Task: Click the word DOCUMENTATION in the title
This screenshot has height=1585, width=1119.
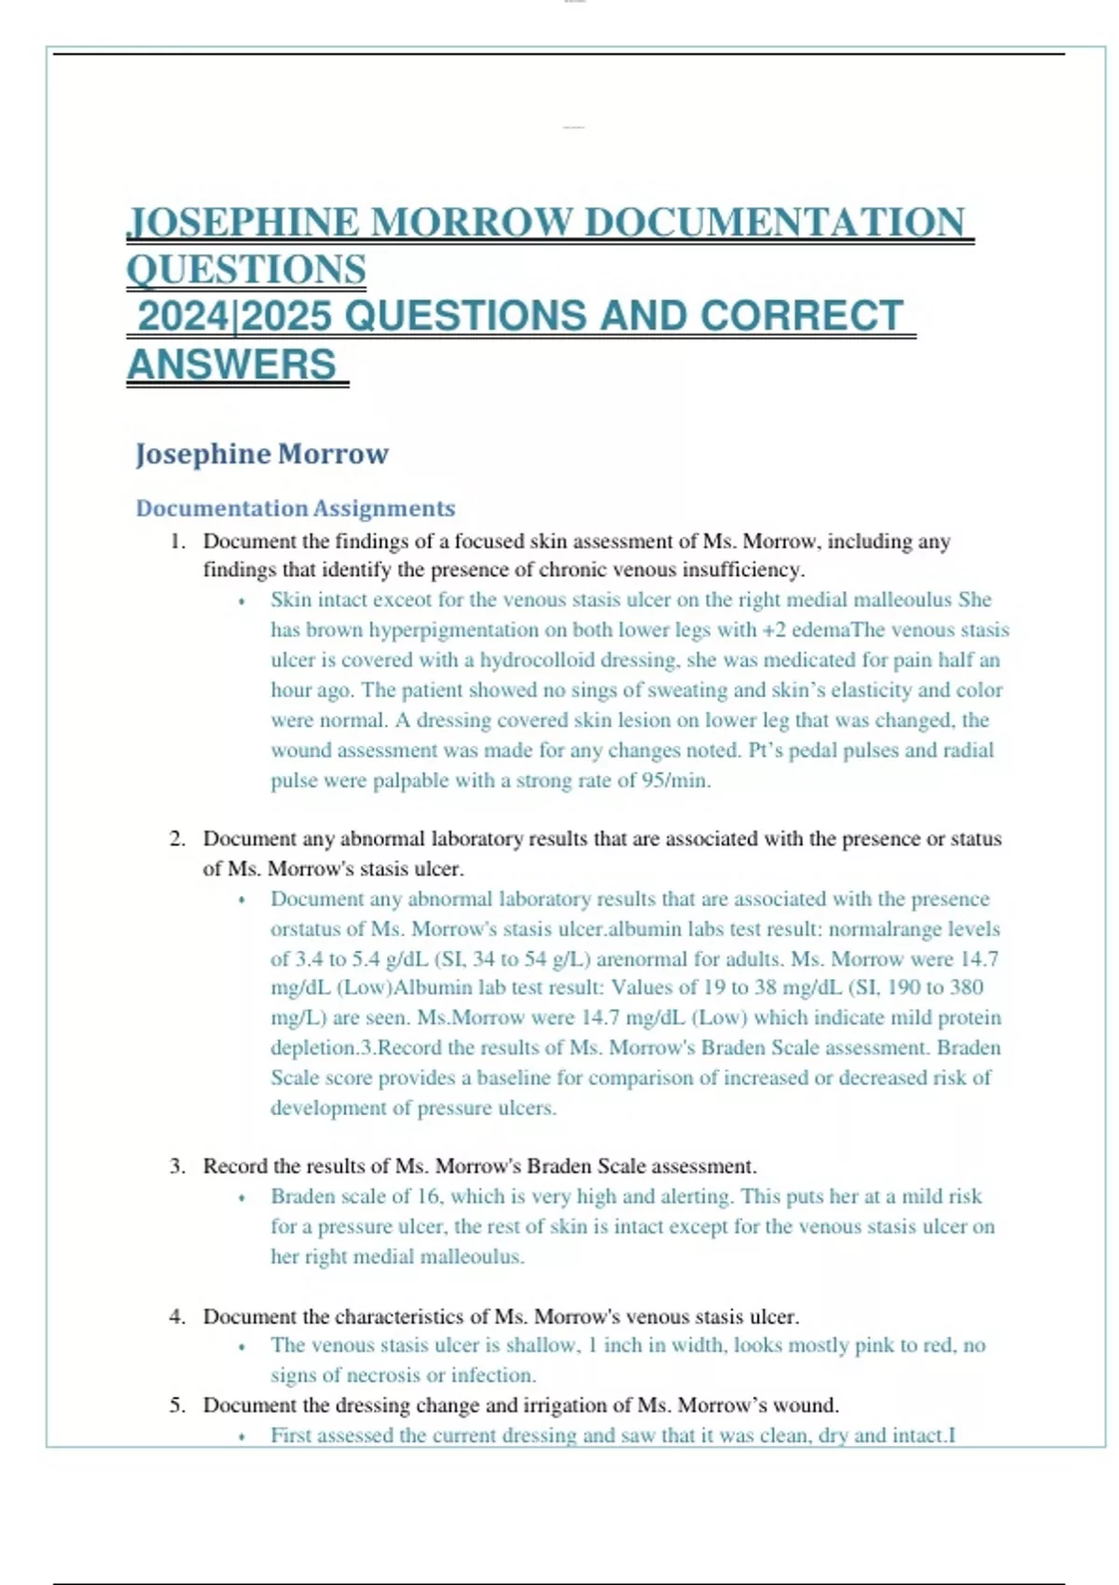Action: (x=774, y=223)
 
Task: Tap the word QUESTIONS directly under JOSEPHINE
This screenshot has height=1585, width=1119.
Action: (x=246, y=270)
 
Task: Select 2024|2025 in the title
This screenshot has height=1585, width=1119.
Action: (x=234, y=316)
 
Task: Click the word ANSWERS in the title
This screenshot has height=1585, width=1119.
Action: (x=231, y=365)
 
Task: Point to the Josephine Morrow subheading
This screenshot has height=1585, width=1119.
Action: (x=261, y=454)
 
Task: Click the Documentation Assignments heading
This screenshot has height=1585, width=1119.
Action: (x=295, y=508)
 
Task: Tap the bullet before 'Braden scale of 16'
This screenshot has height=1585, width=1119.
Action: (x=242, y=1198)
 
